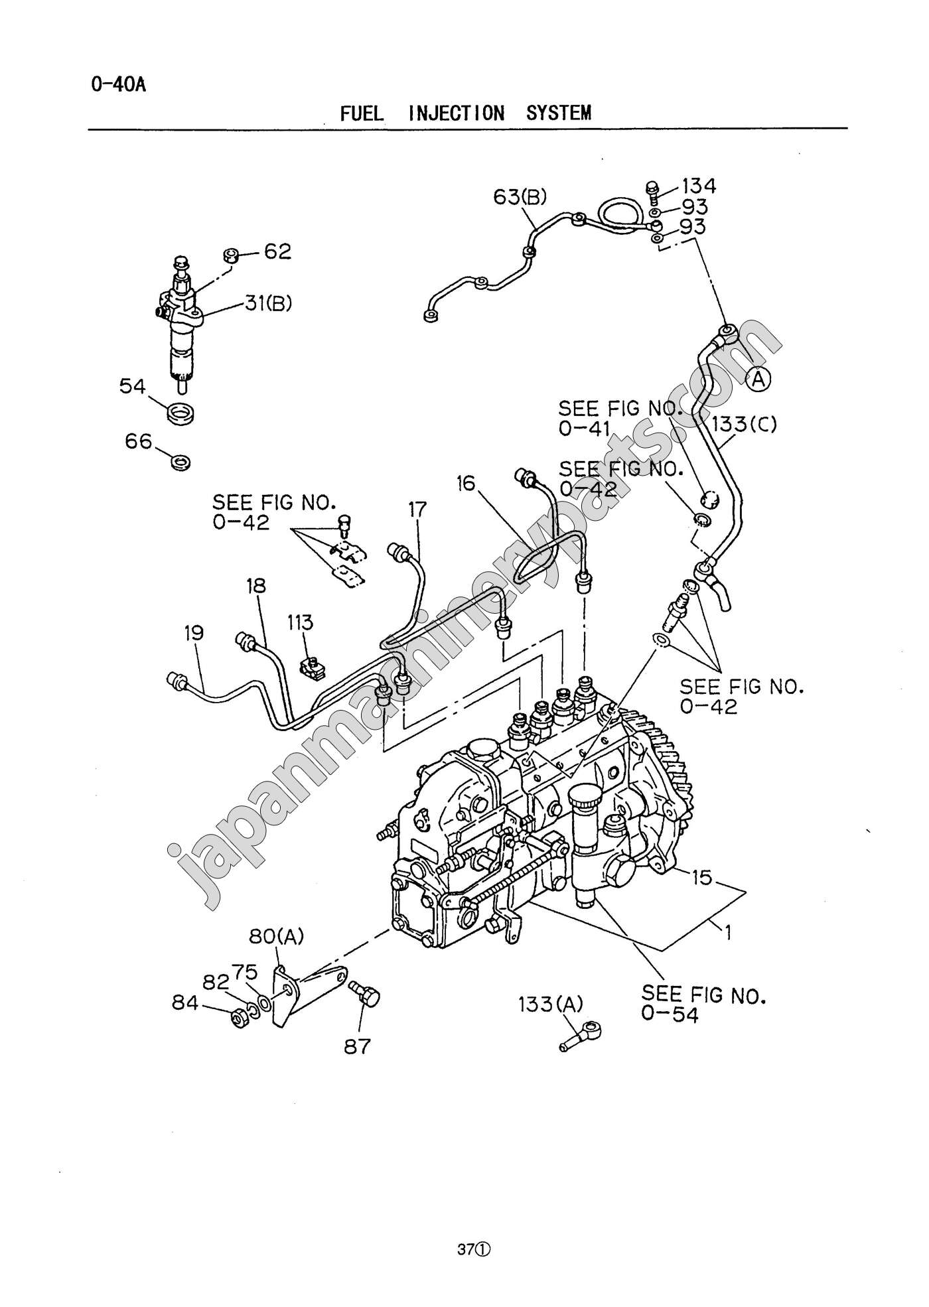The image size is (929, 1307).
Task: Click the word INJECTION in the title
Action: [x=457, y=113]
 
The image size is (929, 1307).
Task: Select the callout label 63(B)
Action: [x=520, y=196]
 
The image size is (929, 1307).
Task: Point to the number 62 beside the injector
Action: [x=277, y=251]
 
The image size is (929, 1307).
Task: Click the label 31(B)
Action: [x=268, y=303]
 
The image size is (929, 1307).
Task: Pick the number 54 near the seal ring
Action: [x=132, y=386]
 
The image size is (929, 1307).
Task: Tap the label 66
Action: [x=139, y=441]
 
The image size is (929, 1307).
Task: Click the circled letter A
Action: [x=758, y=380]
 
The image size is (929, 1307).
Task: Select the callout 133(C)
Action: [x=744, y=424]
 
